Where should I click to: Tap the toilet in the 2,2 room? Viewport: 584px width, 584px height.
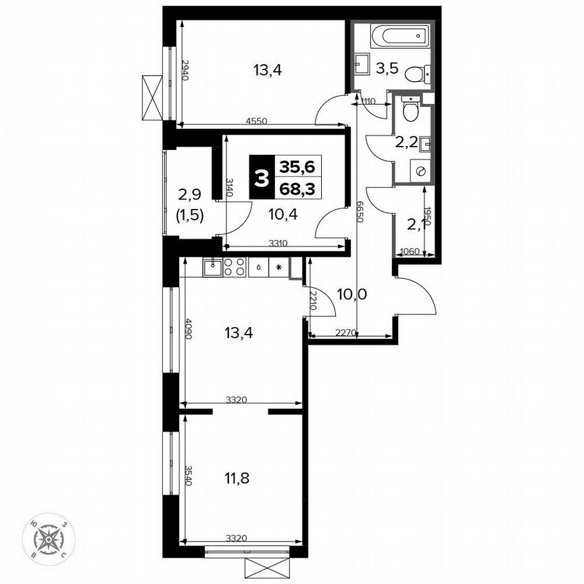pos(410,109)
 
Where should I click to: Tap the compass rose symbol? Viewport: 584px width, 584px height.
pos(48,539)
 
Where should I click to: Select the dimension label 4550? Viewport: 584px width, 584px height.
pos(256,122)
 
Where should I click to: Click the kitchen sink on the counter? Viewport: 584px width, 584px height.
pos(212,267)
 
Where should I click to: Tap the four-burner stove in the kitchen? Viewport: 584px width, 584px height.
pos(235,267)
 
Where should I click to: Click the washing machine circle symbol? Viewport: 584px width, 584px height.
pos(420,172)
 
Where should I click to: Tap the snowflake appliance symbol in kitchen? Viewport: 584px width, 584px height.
pos(278,267)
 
